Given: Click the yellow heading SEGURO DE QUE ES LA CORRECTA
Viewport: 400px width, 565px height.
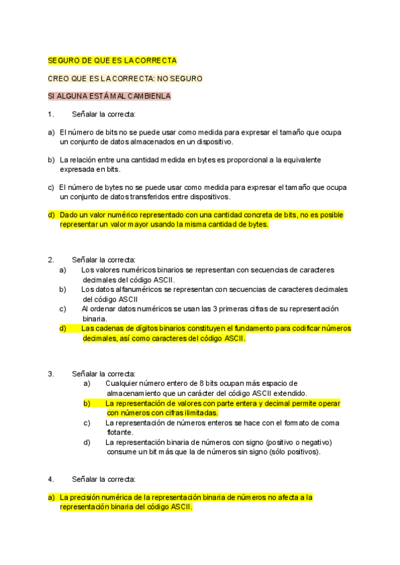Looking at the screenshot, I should [112, 60].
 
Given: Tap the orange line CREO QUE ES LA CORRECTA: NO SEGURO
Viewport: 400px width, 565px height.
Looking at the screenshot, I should [125, 78].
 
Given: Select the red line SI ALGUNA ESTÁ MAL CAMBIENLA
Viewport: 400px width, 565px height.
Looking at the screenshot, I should [109, 96].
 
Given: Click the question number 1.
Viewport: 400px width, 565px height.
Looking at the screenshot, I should [51, 114].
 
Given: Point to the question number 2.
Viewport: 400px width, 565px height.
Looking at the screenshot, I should [51, 259].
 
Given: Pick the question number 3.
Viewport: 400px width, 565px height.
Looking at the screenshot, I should [51, 373].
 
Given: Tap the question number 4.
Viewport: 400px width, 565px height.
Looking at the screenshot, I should [51, 479].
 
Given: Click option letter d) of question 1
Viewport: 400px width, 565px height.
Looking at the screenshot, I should [51, 215].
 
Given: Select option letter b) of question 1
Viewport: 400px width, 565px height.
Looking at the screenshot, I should [51, 161].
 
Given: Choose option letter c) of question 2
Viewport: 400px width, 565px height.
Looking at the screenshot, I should [63, 309].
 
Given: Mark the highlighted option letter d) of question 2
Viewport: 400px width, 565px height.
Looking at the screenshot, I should [63, 328].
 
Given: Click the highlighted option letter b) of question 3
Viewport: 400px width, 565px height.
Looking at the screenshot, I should [87, 403].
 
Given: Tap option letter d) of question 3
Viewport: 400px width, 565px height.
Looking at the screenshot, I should [87, 442].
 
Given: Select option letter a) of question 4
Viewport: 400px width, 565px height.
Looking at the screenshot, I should [51, 497].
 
